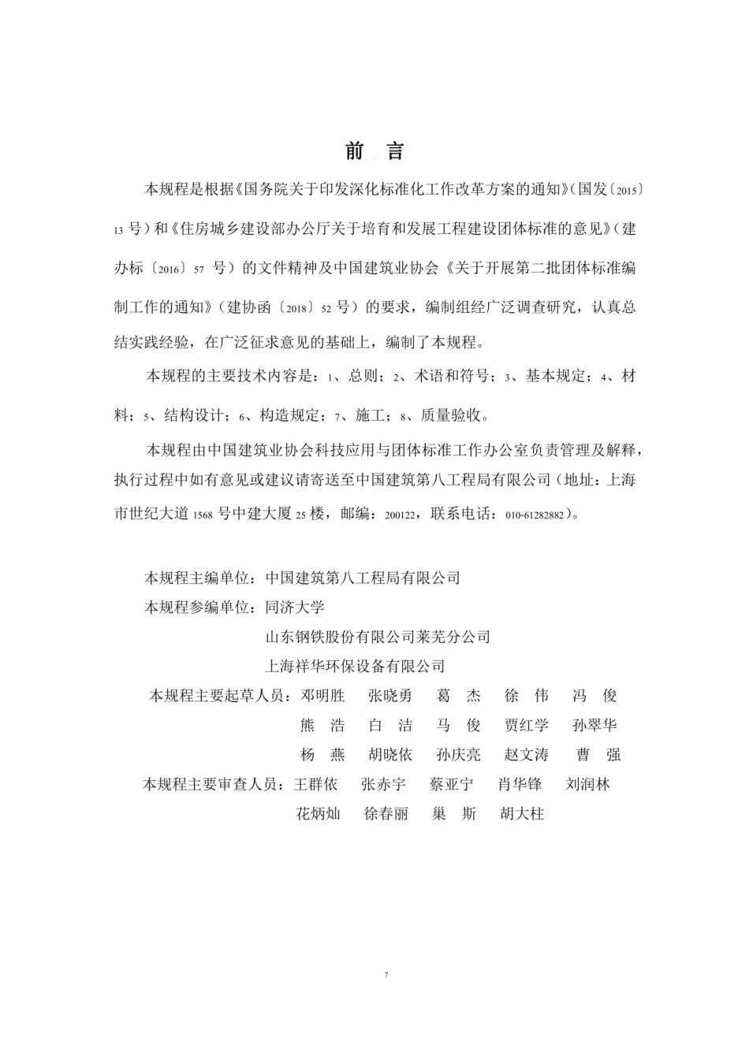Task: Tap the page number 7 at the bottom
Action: pos(386,975)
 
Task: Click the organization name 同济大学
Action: pos(295,607)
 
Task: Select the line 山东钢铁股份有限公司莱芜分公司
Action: pos(378,637)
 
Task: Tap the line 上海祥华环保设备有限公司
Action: pos(356,667)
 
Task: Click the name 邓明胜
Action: pos(323,696)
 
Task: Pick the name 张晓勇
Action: pos(390,696)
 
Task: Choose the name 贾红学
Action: pos(527,726)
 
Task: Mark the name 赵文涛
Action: pos(527,755)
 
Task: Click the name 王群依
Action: pos(315,785)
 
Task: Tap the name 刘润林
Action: pos(588,785)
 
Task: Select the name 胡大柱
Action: pos(522,814)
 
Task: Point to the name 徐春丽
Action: pos(386,814)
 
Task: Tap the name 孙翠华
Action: pos(595,726)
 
